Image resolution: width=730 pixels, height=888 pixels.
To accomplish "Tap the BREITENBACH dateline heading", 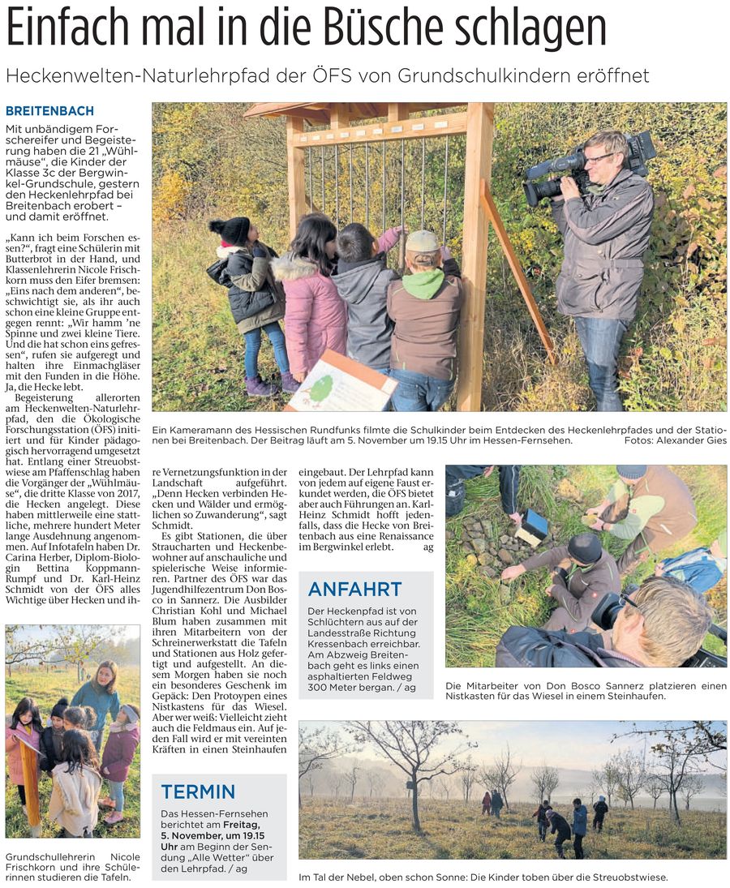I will click(x=49, y=111).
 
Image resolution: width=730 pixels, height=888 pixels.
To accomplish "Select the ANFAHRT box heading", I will click(x=354, y=590).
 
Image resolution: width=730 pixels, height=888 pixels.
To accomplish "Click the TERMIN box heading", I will click(x=198, y=791).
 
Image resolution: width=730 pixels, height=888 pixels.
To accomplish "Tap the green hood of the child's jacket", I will click(x=424, y=283).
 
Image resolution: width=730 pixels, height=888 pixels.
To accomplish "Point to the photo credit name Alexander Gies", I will click(x=690, y=440).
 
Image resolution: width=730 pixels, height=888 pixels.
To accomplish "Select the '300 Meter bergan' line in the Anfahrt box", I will click(x=362, y=688).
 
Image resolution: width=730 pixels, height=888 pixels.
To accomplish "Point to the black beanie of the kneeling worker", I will click(x=584, y=548).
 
